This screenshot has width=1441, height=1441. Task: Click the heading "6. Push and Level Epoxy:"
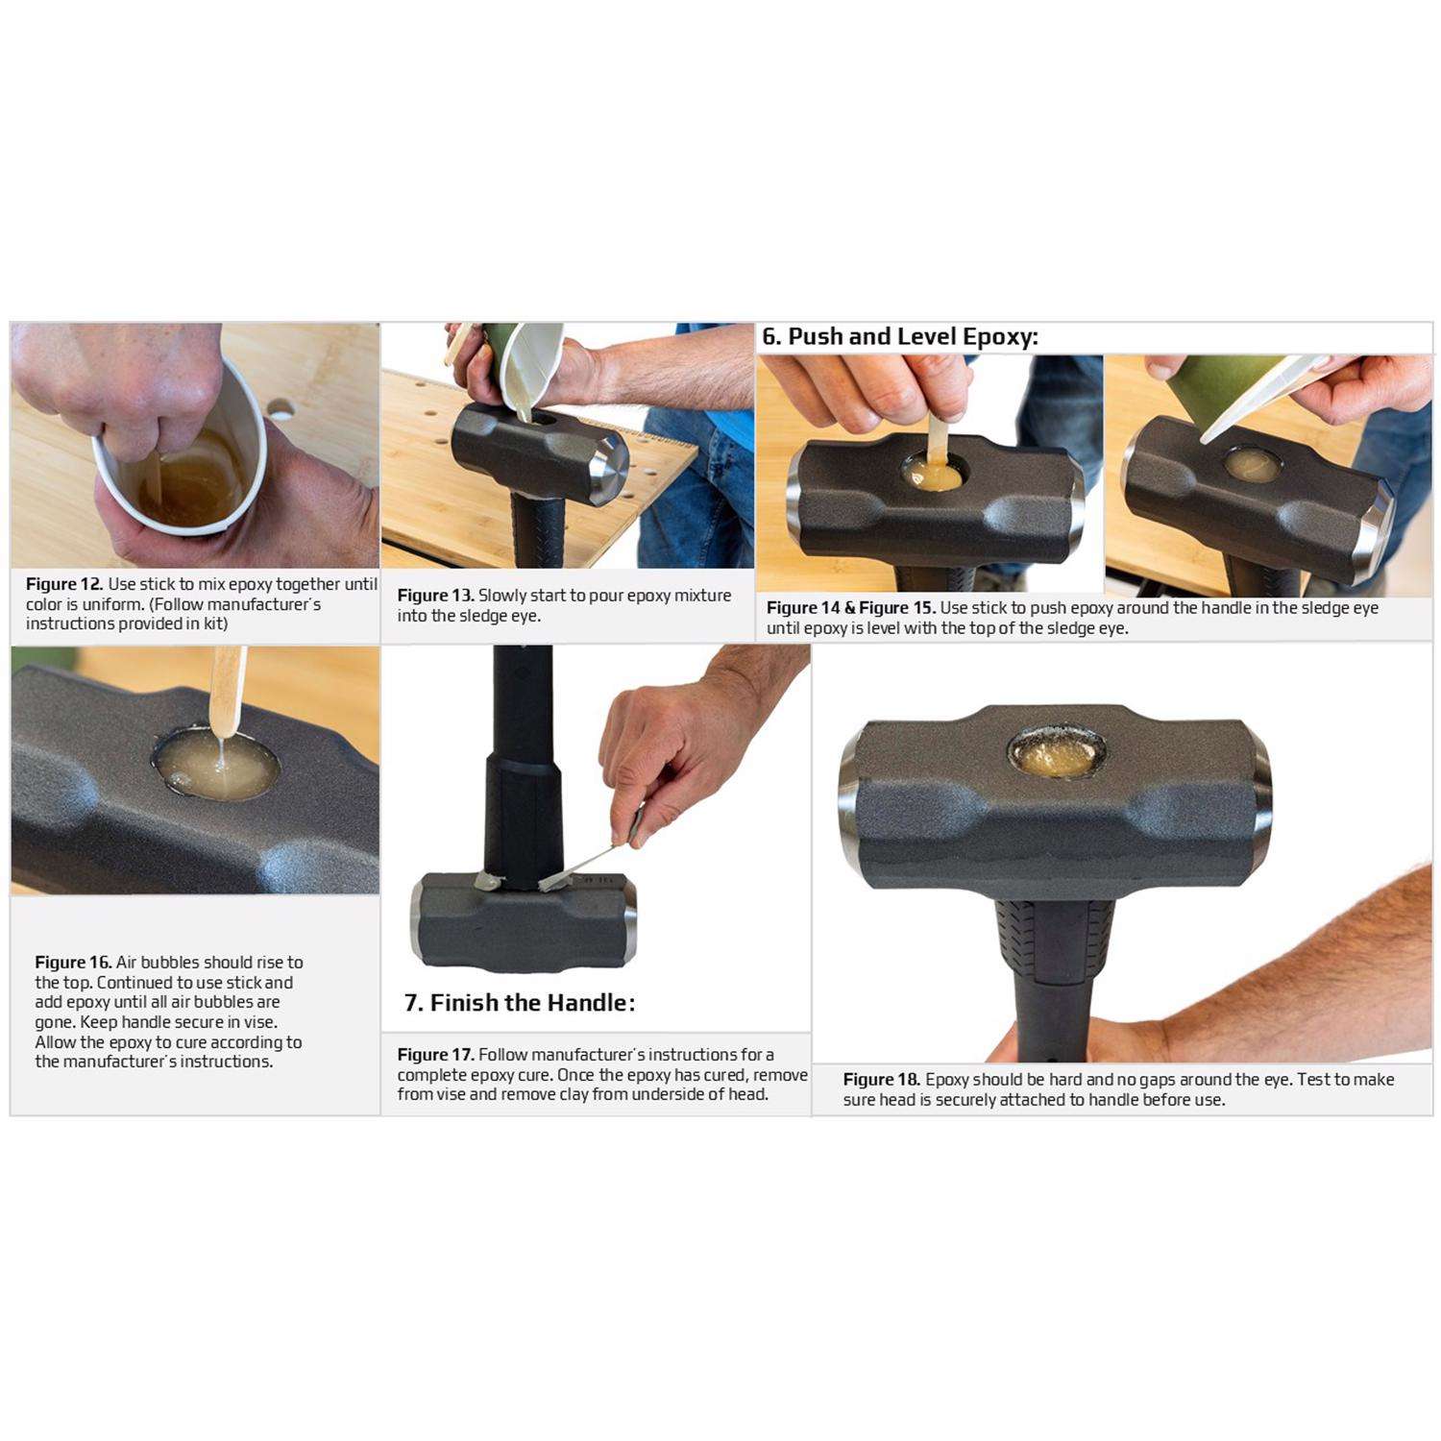point(900,337)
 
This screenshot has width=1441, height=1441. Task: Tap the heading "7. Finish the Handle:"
point(520,1003)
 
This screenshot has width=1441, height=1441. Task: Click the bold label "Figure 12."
point(64,584)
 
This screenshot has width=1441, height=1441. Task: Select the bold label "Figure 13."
point(436,596)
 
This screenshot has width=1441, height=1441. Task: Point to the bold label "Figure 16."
point(73,963)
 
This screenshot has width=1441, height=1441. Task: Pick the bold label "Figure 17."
point(436,1055)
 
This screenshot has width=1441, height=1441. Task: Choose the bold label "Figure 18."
point(882,1080)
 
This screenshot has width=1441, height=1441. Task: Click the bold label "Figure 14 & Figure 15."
point(851,608)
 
